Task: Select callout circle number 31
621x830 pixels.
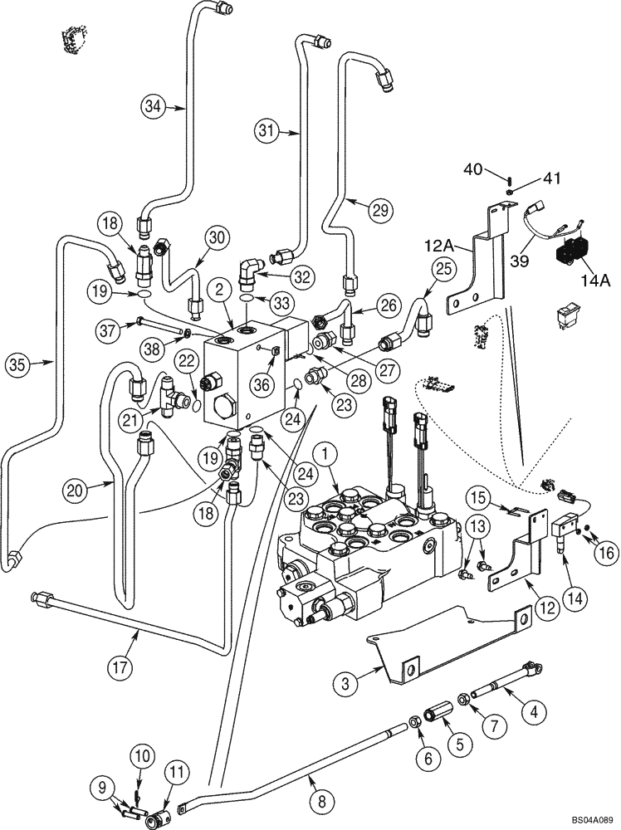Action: click(x=266, y=129)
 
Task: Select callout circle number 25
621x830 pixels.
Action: click(x=443, y=268)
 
